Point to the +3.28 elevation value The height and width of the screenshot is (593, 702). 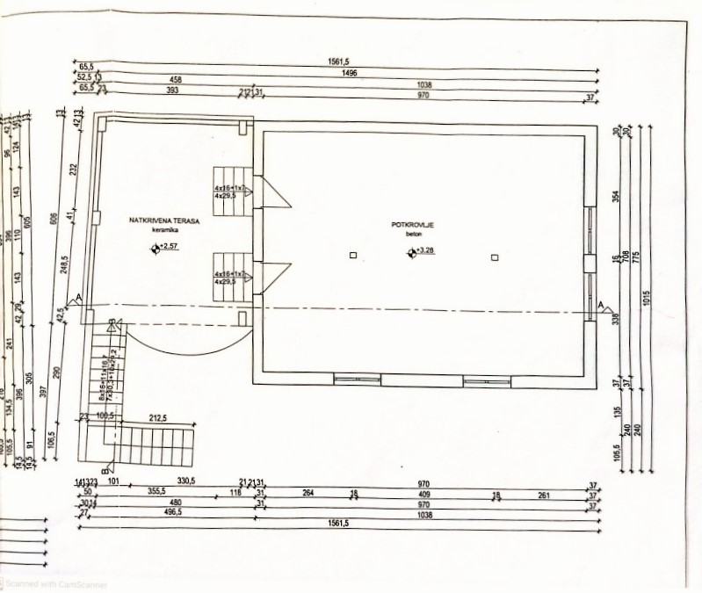coord(424,252)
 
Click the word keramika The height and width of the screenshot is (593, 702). coord(164,231)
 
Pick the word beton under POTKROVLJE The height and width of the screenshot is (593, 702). coord(413,235)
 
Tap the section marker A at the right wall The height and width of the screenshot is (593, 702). coord(602,305)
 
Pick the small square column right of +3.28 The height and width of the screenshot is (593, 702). coord(496,257)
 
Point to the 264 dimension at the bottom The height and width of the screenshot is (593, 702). coord(308,494)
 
